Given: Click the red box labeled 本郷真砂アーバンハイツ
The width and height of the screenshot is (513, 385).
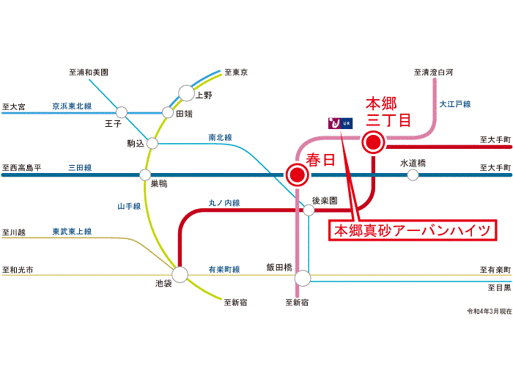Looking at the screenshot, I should pyautogui.click(x=412, y=230).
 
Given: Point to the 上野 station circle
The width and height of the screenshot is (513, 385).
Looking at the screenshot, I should pyautogui.click(x=186, y=94).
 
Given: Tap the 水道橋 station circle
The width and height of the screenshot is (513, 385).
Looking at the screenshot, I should pyautogui.click(x=413, y=175).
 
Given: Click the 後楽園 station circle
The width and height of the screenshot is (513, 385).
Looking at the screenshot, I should pyautogui.click(x=309, y=210).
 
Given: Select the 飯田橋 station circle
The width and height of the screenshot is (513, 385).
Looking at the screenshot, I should pyautogui.click(x=302, y=279).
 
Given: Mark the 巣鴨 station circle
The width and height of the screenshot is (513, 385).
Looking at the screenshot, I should pyautogui.click(x=145, y=175).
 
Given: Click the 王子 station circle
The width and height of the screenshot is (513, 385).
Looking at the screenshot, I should pyautogui.click(x=122, y=112).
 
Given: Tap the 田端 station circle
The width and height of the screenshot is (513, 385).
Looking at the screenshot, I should pyautogui.click(x=167, y=113).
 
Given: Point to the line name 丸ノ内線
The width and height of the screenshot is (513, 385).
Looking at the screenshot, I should pyautogui.click(x=224, y=202).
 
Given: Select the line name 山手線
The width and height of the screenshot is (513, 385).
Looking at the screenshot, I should pyautogui.click(x=129, y=207).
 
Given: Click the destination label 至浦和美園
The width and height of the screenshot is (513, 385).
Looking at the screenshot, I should pyautogui.click(x=89, y=72).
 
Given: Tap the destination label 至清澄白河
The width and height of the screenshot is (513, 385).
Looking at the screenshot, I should pyautogui.click(x=433, y=72).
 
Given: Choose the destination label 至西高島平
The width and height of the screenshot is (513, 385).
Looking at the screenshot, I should pyautogui.click(x=22, y=168).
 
